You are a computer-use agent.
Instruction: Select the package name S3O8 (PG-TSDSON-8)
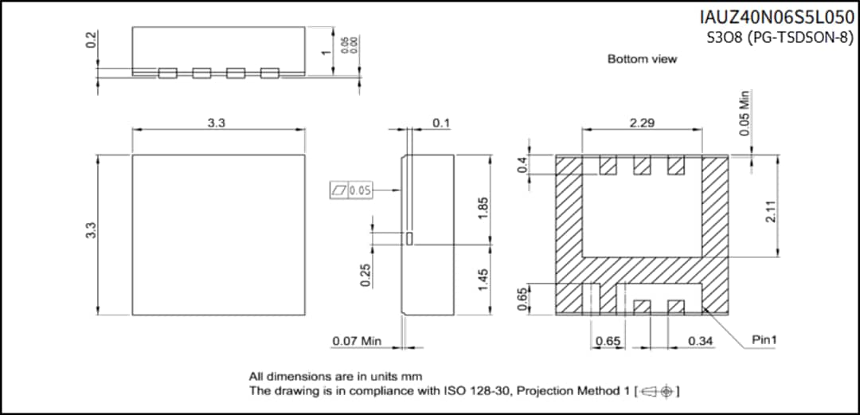(780, 37)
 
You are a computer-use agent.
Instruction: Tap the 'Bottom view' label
(642, 59)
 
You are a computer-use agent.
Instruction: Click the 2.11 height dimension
(770, 211)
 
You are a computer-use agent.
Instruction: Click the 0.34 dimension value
(701, 342)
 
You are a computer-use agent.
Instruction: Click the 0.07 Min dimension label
(357, 342)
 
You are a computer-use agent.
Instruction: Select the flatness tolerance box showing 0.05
(351, 190)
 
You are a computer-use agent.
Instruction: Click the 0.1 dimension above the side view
(440, 123)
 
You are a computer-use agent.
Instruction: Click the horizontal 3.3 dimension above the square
(217, 123)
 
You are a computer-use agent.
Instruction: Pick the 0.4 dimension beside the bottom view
(522, 166)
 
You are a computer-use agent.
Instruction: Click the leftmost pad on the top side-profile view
(167, 73)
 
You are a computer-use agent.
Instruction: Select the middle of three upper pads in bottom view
(642, 166)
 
